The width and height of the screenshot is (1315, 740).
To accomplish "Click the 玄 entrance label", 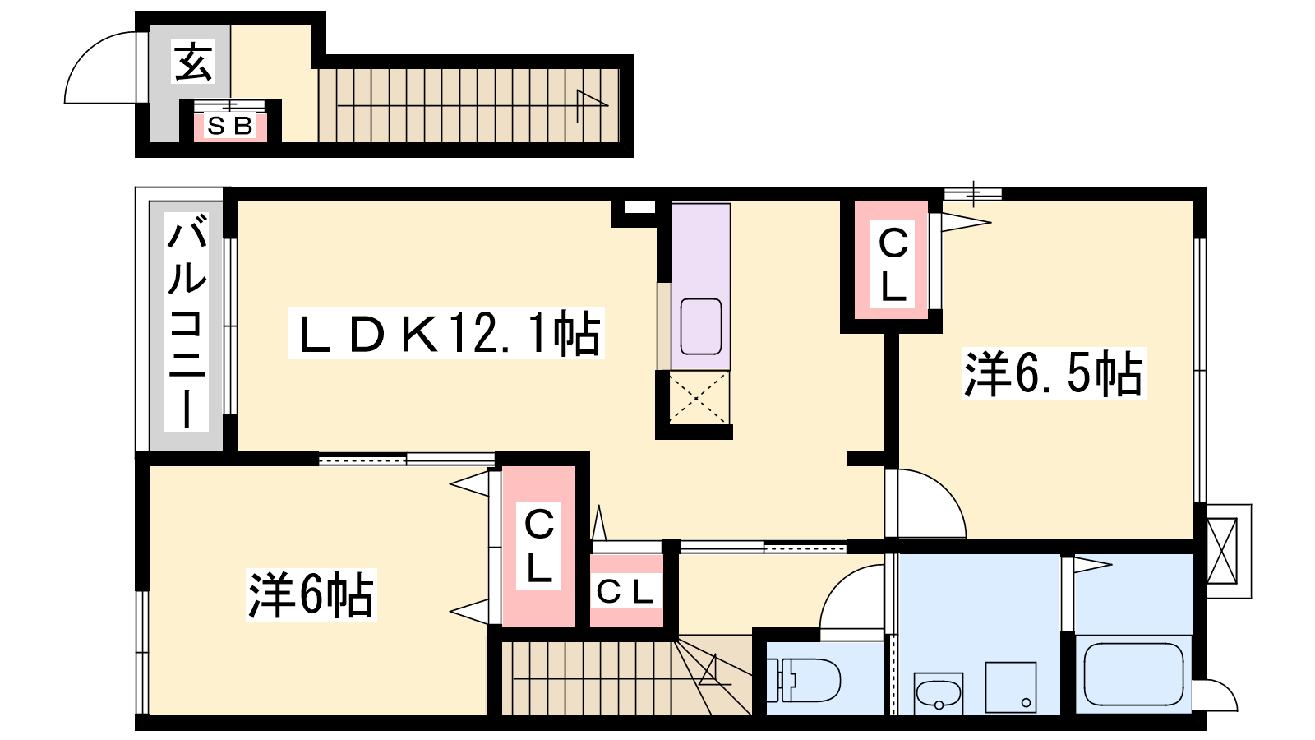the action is pyautogui.click(x=193, y=62).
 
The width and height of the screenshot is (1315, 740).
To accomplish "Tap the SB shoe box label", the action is pyautogui.click(x=230, y=127).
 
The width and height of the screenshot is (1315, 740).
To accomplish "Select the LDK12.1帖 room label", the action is pyautogui.click(x=448, y=334).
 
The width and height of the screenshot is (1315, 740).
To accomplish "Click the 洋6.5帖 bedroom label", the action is pyautogui.click(x=1054, y=374).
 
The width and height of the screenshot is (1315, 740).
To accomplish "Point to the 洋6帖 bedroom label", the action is pyautogui.click(x=311, y=595).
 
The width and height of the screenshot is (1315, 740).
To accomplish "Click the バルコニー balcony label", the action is pyautogui.click(x=187, y=322).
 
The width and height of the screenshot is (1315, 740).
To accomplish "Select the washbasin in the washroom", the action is pyautogui.click(x=938, y=694).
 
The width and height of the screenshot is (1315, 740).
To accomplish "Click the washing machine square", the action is pyautogui.click(x=1010, y=687).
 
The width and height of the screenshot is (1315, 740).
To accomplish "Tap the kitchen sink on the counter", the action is pyautogui.click(x=700, y=326).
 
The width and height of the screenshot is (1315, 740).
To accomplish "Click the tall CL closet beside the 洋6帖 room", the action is pyautogui.click(x=539, y=546).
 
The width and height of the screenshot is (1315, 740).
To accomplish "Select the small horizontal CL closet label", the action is pyautogui.click(x=625, y=592).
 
